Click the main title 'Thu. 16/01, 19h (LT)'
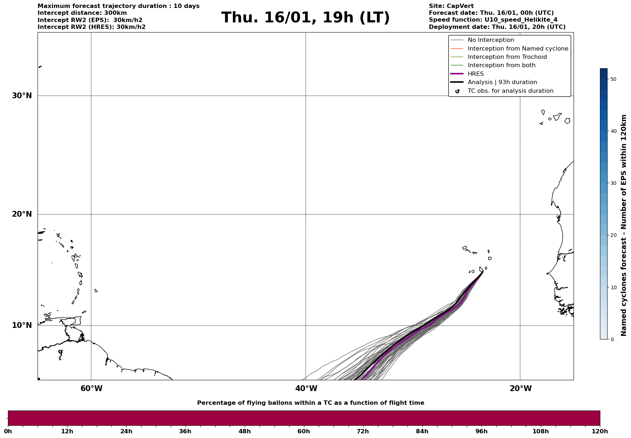pos(305,18)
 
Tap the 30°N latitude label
pos(22,96)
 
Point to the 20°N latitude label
pos(22,214)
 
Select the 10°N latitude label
pos(22,325)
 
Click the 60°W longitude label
pos(91,389)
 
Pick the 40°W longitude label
pos(306,389)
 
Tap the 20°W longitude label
pos(521,389)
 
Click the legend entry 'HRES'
pos(475,74)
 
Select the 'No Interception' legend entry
pos(491,40)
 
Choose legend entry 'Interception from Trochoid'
pos(507,57)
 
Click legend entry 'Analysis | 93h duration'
pos(502,82)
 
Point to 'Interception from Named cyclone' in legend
pos(518,49)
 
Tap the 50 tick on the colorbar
pos(613,79)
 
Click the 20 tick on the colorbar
pos(613,235)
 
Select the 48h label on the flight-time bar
pos(244,432)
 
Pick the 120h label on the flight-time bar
pos(600,432)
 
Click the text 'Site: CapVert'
pos(451,6)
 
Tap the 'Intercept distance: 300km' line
pos(82,13)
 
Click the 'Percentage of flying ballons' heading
pos(310,403)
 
